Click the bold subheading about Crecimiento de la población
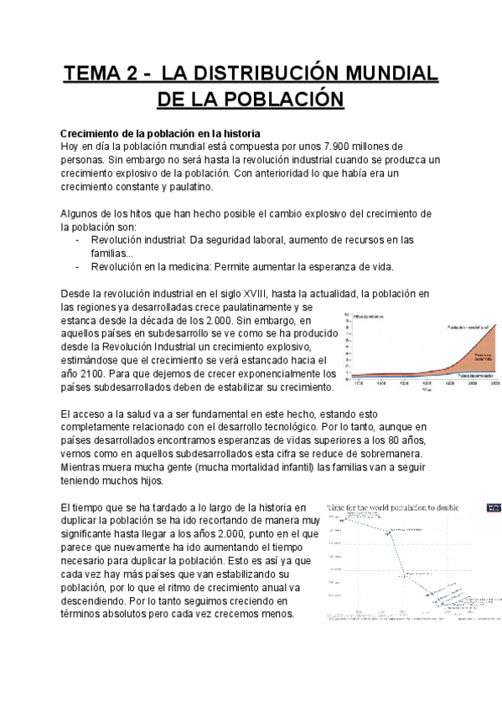coord(160,134)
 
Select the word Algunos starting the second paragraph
coord(82,214)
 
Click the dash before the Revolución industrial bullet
coord(78,239)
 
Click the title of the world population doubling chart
coord(401,507)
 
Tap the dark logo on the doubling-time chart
coord(492,507)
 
